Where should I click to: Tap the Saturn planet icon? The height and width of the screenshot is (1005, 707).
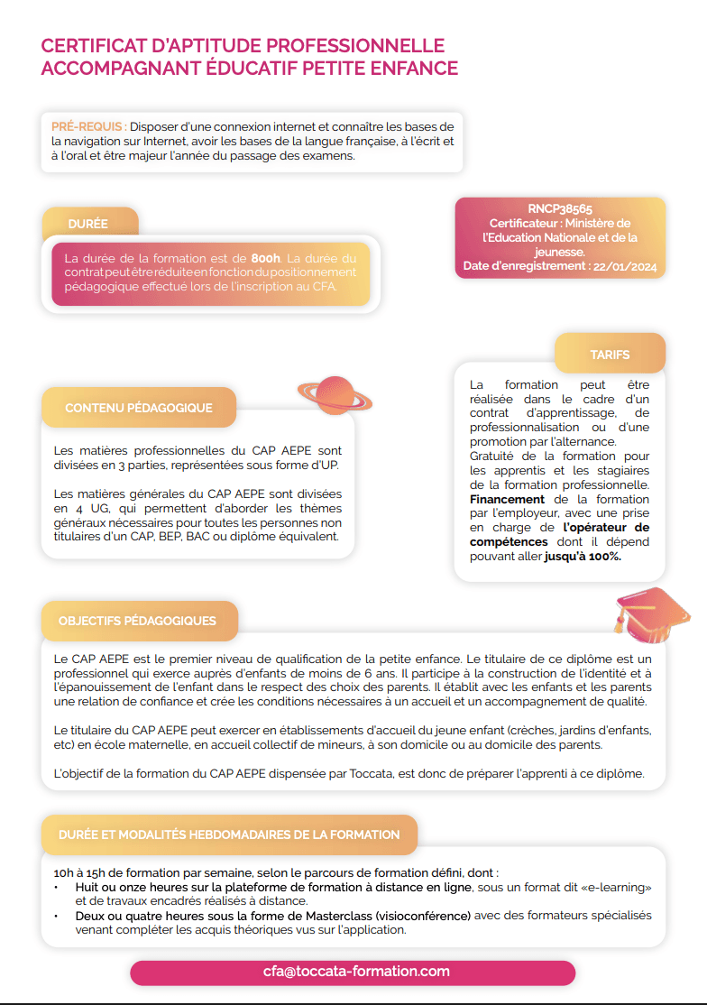(335, 393)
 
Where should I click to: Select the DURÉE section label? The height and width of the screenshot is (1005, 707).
(88, 224)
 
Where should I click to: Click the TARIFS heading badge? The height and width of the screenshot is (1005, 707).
(610, 355)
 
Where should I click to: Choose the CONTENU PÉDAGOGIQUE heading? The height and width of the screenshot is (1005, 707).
(139, 408)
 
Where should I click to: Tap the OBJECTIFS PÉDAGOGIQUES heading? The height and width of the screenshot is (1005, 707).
(137, 621)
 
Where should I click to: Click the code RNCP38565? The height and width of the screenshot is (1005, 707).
(560, 209)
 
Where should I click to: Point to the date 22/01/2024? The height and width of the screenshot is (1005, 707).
(625, 267)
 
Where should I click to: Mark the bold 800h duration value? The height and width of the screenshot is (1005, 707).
(266, 258)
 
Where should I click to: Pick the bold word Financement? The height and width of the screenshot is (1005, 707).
(507, 499)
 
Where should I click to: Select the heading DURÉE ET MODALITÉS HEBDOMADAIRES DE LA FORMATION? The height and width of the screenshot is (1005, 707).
(229, 834)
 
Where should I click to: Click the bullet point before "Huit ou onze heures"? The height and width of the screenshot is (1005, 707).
(56, 887)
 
